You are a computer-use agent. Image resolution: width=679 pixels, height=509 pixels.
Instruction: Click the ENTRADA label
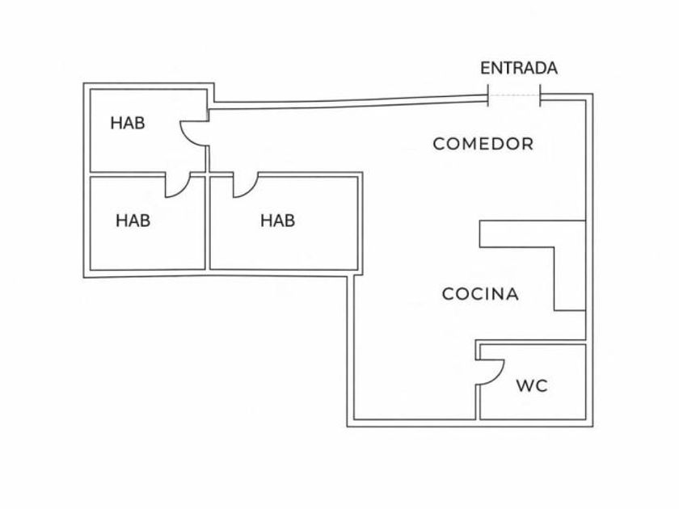(x=519, y=69)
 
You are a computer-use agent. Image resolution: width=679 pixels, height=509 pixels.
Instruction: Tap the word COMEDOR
(x=483, y=145)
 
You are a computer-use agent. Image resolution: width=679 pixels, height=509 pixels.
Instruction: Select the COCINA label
(x=480, y=294)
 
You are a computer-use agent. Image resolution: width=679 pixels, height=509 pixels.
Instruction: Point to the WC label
(x=532, y=386)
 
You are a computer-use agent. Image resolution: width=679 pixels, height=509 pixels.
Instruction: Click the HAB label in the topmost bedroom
(x=128, y=124)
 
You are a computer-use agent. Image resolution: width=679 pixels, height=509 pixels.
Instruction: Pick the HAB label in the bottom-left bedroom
(x=133, y=220)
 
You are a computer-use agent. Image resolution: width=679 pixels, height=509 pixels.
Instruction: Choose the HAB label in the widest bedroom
(x=277, y=220)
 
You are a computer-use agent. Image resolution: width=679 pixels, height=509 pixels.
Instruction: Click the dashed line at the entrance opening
(x=514, y=96)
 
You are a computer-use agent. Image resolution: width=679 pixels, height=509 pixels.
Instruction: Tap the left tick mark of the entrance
(x=488, y=95)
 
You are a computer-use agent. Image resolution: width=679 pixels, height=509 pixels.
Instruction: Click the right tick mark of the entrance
(x=540, y=95)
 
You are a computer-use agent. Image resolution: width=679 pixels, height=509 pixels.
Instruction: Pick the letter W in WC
(x=525, y=386)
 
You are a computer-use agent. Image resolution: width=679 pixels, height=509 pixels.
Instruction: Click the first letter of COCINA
(x=447, y=294)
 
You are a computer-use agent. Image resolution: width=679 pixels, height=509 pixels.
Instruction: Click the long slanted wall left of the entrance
(x=348, y=103)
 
